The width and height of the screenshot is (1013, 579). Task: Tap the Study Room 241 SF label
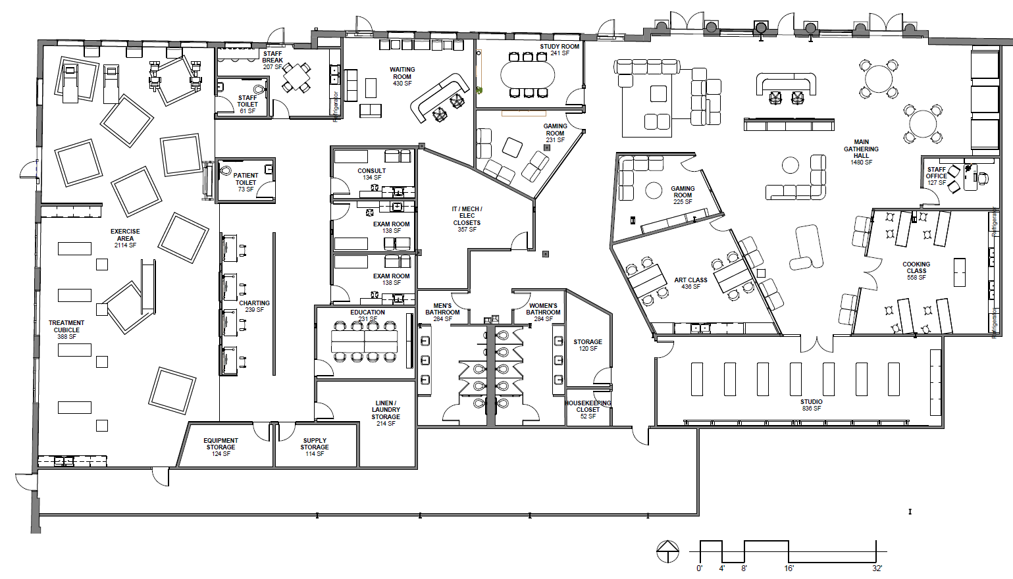[559, 49]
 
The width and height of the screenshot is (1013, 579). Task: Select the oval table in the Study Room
[527, 75]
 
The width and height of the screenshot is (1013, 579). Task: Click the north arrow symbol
[667, 551]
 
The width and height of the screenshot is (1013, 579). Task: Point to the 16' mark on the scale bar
[789, 568]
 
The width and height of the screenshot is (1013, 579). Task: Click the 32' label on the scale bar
[877, 568]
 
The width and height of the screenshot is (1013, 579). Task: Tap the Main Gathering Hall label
[861, 152]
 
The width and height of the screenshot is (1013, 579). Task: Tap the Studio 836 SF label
[811, 405]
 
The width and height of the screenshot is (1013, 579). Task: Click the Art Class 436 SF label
[690, 283]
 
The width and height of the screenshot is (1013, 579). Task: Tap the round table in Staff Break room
[297, 78]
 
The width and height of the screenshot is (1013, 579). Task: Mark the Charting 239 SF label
[254, 306]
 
